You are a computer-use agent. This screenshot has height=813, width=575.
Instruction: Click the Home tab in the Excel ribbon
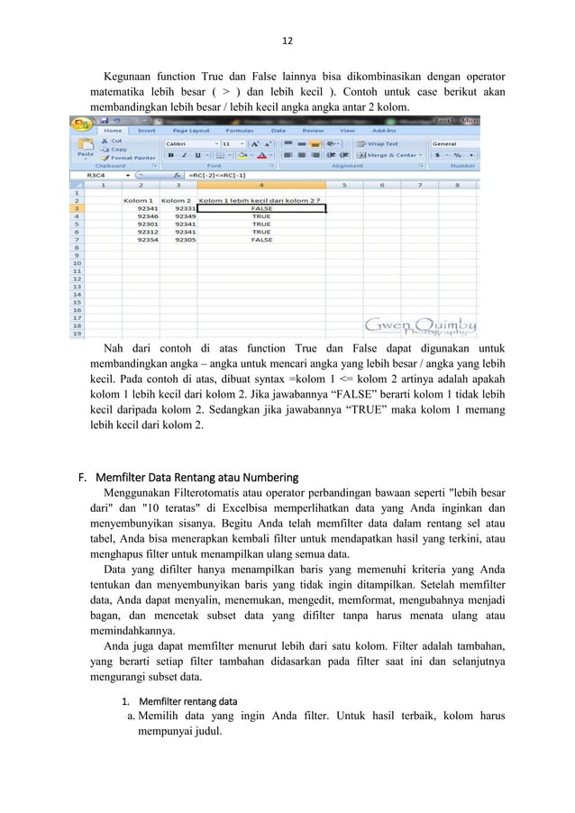click(113, 130)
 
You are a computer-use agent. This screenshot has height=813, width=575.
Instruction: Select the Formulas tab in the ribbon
click(239, 130)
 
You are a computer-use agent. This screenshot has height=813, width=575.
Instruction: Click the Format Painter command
click(128, 158)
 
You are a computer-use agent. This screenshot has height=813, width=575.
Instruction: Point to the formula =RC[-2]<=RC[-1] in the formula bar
click(216, 175)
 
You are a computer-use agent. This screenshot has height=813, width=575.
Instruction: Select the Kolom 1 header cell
click(138, 200)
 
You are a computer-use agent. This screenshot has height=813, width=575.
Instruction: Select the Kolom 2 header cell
click(176, 200)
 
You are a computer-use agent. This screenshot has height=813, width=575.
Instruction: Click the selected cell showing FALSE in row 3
click(260, 208)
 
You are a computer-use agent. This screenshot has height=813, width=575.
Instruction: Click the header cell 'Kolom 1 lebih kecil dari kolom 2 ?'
click(260, 200)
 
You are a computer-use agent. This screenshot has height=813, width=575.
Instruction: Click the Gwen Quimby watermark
click(421, 327)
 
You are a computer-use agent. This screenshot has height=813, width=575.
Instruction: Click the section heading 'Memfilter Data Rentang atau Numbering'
click(205, 477)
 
